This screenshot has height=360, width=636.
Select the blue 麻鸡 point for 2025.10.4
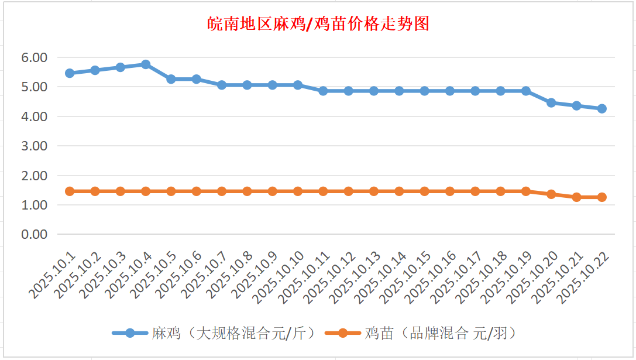point(146,64)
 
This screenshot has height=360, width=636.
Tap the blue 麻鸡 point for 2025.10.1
point(70,73)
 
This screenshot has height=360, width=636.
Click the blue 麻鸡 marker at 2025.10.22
point(601,108)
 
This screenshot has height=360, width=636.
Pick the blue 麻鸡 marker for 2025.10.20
point(551,102)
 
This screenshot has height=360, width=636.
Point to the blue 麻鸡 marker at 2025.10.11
point(323,91)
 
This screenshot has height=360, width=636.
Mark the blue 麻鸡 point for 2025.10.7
point(222,85)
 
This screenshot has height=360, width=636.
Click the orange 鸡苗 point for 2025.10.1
point(70,191)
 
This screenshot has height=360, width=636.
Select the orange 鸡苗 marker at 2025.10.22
point(601,197)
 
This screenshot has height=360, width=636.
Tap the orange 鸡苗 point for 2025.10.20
point(551,194)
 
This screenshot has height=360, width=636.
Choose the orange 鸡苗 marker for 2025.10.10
point(298,191)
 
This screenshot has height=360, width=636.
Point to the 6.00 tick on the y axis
point(34,57)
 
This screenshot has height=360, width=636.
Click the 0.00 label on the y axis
point(34,234)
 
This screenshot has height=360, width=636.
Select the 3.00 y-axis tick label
point(34,146)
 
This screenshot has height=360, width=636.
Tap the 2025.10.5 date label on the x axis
point(154,274)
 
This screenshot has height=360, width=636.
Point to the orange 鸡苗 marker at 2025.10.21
point(576,197)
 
